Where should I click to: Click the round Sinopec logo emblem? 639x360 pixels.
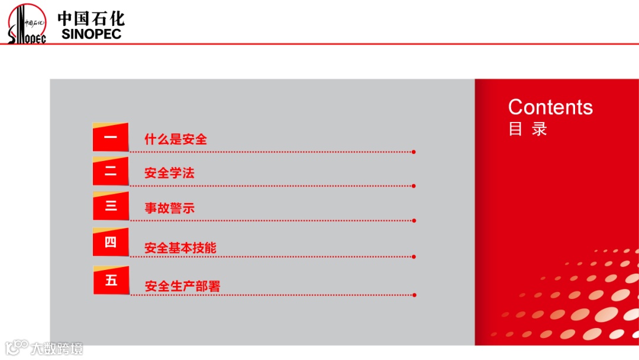pos(27,24)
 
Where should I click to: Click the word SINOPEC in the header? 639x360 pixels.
pos(91,34)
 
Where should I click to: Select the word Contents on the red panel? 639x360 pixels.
pos(550,107)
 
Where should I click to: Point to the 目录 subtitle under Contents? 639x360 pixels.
pos(528,129)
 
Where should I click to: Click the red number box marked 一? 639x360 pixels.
pos(111,137)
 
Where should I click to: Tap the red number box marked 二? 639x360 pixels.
pos(111,172)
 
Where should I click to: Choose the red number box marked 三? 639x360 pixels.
pos(111,206)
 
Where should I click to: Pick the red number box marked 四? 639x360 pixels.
pos(111,242)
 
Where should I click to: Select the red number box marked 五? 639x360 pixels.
pos(111,280)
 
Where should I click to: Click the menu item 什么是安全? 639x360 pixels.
pos(176,140)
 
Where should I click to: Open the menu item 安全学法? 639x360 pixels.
pos(169,173)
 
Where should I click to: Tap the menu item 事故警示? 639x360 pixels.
pos(169,208)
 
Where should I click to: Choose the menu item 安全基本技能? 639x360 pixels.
pos(180,248)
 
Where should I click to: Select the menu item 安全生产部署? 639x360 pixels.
pos(182,287)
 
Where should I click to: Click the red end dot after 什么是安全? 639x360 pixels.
pos(414,152)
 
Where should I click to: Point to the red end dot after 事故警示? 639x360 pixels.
pos(414,221)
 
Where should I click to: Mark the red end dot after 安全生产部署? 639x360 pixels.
pos(414,295)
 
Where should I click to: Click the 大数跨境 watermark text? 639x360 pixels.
pos(57,348)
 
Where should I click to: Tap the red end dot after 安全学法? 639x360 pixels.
pos(414,186)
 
